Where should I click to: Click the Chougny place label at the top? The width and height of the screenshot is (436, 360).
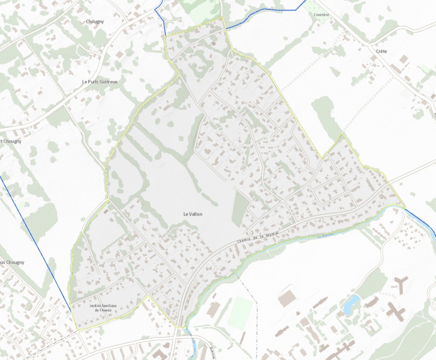(x=95, y=21)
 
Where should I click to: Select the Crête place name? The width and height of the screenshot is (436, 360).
(x=381, y=52)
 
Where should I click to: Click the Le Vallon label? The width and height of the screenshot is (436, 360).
(x=193, y=214)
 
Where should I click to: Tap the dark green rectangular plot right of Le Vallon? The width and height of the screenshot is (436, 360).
(x=240, y=209)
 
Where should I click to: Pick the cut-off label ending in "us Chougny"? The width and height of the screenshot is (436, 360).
(x=11, y=262)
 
